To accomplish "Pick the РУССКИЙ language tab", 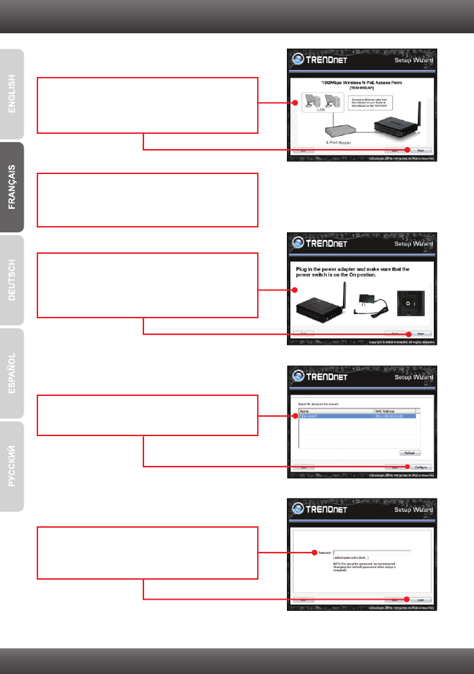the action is (12, 465).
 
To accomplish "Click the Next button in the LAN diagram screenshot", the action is (421, 150).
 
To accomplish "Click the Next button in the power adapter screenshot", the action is (421, 334).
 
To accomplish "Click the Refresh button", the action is (410, 452).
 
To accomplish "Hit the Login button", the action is (421, 600).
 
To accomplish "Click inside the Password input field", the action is (372, 553).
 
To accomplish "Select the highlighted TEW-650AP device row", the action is (357, 416).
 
